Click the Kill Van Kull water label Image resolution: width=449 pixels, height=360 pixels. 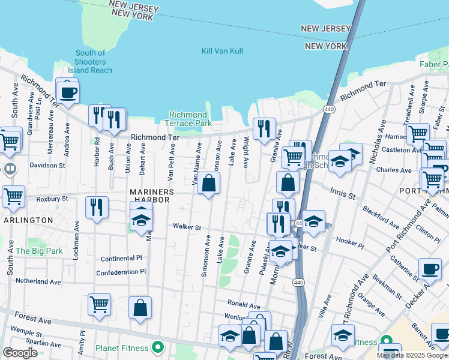(x=222, y=51)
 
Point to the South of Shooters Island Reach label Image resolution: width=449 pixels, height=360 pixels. (x=91, y=62)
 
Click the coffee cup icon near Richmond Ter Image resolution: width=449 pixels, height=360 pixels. (x=67, y=92)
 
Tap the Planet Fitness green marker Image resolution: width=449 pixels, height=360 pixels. (x=158, y=347)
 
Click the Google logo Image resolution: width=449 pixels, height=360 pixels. (x=20, y=352)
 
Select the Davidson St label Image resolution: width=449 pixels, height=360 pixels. (x=47, y=165)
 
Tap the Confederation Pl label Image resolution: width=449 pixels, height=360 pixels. (x=121, y=272)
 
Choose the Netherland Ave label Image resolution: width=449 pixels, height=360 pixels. (x=38, y=281)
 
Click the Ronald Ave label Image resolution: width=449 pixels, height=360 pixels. (x=243, y=304)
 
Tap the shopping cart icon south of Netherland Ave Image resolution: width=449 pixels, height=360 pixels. (x=99, y=304)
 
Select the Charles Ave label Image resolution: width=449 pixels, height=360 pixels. (x=393, y=170)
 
